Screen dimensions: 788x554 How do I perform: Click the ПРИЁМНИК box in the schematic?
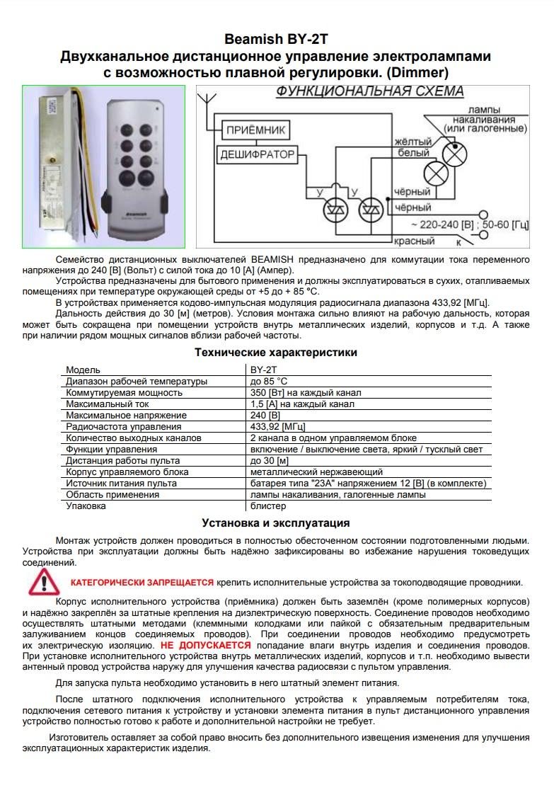[256, 131]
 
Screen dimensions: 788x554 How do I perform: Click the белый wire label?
[412, 153]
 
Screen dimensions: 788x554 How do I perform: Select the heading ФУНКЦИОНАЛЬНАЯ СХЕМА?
[369, 93]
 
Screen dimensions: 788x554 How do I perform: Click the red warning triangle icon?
[45, 581]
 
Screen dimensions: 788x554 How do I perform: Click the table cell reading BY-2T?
[264, 370]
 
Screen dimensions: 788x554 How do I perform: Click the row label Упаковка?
[86, 506]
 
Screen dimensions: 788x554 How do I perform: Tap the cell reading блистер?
[268, 506]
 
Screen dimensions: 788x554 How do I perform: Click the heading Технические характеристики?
[275, 352]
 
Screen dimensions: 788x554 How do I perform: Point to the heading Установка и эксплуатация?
[275, 523]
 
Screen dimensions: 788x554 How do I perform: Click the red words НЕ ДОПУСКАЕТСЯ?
[205, 646]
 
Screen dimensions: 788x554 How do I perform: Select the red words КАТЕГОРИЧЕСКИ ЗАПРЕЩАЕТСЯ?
[142, 582]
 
